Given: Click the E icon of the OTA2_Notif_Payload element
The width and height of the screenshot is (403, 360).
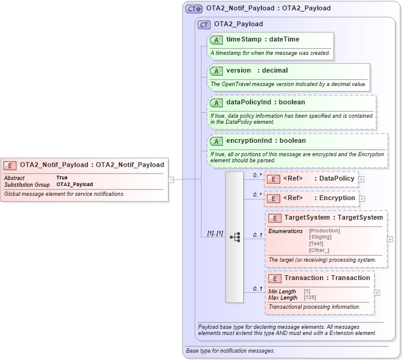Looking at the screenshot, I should tap(10, 165).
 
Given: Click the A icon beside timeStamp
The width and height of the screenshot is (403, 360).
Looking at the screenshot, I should tap(216, 40).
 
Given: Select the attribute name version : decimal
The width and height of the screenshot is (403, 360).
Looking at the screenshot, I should tap(257, 70).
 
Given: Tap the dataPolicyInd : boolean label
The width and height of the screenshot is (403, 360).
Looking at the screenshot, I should tap(266, 102).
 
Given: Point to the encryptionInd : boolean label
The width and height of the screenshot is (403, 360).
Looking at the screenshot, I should tap(266, 140).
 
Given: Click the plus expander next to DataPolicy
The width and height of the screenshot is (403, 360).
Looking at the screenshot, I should tap(361, 179).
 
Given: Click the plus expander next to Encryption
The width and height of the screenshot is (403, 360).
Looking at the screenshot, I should tap(362, 199).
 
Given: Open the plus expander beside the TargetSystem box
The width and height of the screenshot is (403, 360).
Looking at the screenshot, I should tap(390, 239).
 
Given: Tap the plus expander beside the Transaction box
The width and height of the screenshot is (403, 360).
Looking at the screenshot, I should tap(377, 293).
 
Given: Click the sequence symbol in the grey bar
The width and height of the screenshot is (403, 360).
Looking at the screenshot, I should tap(234, 237).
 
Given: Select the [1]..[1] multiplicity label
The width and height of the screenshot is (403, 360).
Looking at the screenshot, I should tap(211, 234).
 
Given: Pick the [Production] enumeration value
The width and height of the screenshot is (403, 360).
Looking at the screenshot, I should tap(324, 231).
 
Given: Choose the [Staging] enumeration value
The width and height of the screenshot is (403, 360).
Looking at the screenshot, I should tap(321, 237).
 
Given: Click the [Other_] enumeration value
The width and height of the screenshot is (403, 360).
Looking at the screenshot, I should tap(319, 250).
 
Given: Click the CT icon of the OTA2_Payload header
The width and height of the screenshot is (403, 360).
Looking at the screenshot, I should tap(203, 24).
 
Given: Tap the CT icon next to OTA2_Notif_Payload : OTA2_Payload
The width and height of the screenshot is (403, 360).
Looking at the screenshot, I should tap(194, 9).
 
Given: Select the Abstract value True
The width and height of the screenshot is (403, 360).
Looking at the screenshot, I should tap(62, 178).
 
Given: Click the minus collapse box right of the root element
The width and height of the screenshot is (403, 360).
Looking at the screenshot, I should tap(172, 179).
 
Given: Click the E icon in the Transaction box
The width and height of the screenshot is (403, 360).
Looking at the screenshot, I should tap(275, 278).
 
